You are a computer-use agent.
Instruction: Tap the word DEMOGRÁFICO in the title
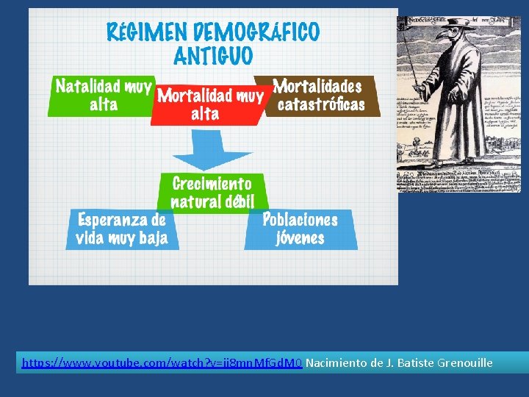[x=256, y=32]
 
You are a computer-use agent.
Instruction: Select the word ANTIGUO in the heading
[x=213, y=56]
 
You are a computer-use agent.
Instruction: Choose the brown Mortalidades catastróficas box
[x=320, y=96]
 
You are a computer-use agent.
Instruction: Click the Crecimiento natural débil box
[x=212, y=192]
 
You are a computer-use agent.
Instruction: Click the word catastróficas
[x=321, y=105]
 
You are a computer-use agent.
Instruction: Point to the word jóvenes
[x=300, y=238]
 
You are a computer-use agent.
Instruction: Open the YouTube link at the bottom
[x=162, y=363]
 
